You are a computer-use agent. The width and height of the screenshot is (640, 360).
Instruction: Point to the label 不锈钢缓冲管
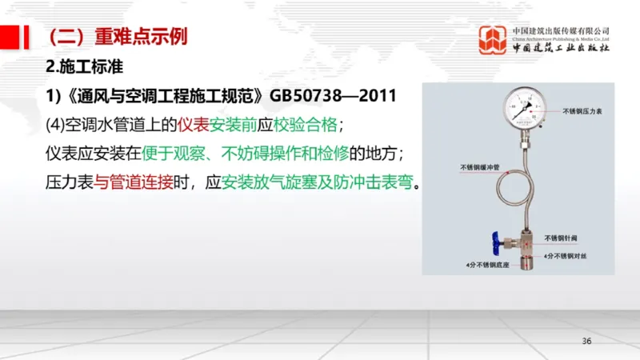[480, 168]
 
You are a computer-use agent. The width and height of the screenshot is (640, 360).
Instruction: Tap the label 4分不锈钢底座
[486, 263]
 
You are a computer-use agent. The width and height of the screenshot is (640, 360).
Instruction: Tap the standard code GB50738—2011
[334, 96]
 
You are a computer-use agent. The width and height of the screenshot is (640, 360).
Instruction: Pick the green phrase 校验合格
[308, 125]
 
